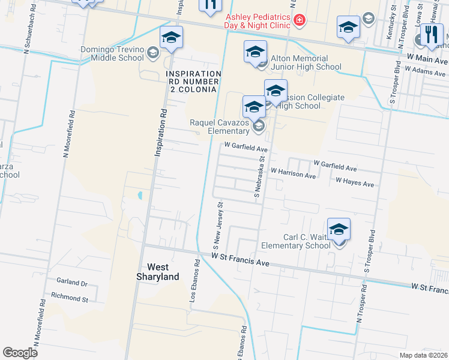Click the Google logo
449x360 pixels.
(x=20, y=353)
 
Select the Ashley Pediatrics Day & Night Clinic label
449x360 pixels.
(x=259, y=20)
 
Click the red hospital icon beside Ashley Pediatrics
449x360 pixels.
(x=299, y=21)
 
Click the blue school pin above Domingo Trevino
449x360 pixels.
(x=171, y=38)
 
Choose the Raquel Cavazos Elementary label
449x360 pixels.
(x=220, y=127)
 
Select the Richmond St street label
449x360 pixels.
(x=70, y=298)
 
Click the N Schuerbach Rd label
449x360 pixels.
(x=27, y=29)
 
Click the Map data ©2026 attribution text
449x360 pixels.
(x=424, y=355)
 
